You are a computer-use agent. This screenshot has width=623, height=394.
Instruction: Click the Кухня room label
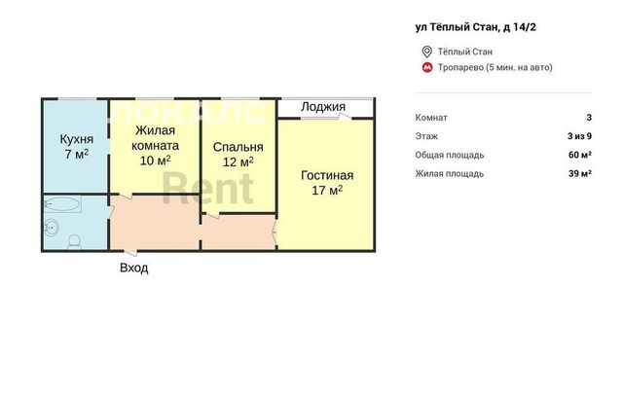point(77,139)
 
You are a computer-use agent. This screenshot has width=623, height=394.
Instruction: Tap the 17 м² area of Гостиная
point(327,191)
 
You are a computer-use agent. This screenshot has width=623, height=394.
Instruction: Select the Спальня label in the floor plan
point(238,147)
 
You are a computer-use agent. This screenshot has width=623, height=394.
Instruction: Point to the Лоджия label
point(323,107)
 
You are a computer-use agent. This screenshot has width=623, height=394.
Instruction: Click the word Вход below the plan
point(134,268)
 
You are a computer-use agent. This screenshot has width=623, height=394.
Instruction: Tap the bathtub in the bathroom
point(62,204)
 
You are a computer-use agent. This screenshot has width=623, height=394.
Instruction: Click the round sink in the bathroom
point(52,228)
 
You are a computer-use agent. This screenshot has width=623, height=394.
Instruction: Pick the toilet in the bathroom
point(74,241)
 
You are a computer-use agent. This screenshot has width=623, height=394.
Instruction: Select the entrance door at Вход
point(130,252)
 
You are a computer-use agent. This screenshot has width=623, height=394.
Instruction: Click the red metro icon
point(427,67)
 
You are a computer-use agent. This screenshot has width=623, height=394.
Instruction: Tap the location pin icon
point(426,52)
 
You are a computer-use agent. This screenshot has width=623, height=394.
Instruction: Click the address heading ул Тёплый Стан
point(476,27)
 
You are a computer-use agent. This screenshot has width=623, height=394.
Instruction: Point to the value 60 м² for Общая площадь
point(580,155)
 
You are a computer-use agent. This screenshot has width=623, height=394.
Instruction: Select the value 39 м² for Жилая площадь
point(580,173)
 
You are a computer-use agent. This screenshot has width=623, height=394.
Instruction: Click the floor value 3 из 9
point(579,136)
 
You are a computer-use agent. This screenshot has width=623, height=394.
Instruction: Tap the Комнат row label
point(431,118)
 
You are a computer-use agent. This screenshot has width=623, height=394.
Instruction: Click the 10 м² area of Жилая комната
point(156,161)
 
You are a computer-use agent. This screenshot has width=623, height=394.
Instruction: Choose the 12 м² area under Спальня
point(238,162)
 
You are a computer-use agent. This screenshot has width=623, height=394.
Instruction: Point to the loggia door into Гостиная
point(344,117)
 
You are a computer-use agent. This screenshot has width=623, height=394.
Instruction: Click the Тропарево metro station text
point(495,67)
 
